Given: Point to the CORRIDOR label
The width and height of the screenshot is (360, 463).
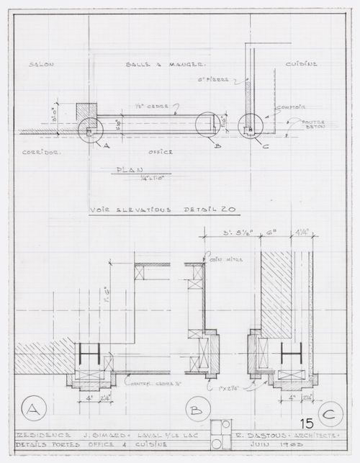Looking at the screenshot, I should (x=39, y=153).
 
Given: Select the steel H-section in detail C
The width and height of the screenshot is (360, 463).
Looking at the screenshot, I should (x=290, y=354).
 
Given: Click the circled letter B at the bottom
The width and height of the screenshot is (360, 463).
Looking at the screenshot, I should (x=197, y=412).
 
